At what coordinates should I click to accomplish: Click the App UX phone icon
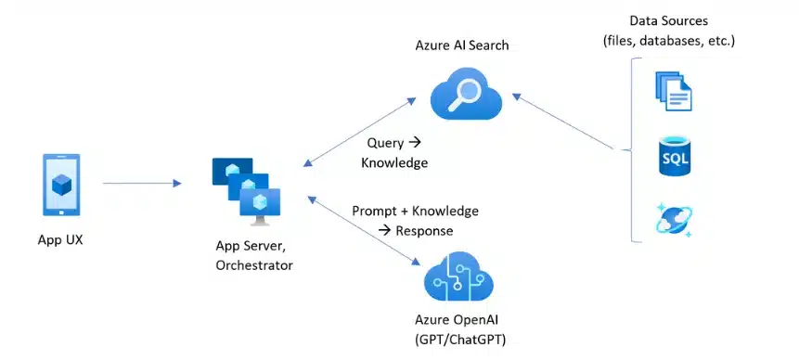(x=62, y=186)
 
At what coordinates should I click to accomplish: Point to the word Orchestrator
(x=253, y=265)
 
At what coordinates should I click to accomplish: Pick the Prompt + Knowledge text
(x=415, y=211)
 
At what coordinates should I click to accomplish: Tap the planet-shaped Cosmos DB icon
(x=675, y=220)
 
